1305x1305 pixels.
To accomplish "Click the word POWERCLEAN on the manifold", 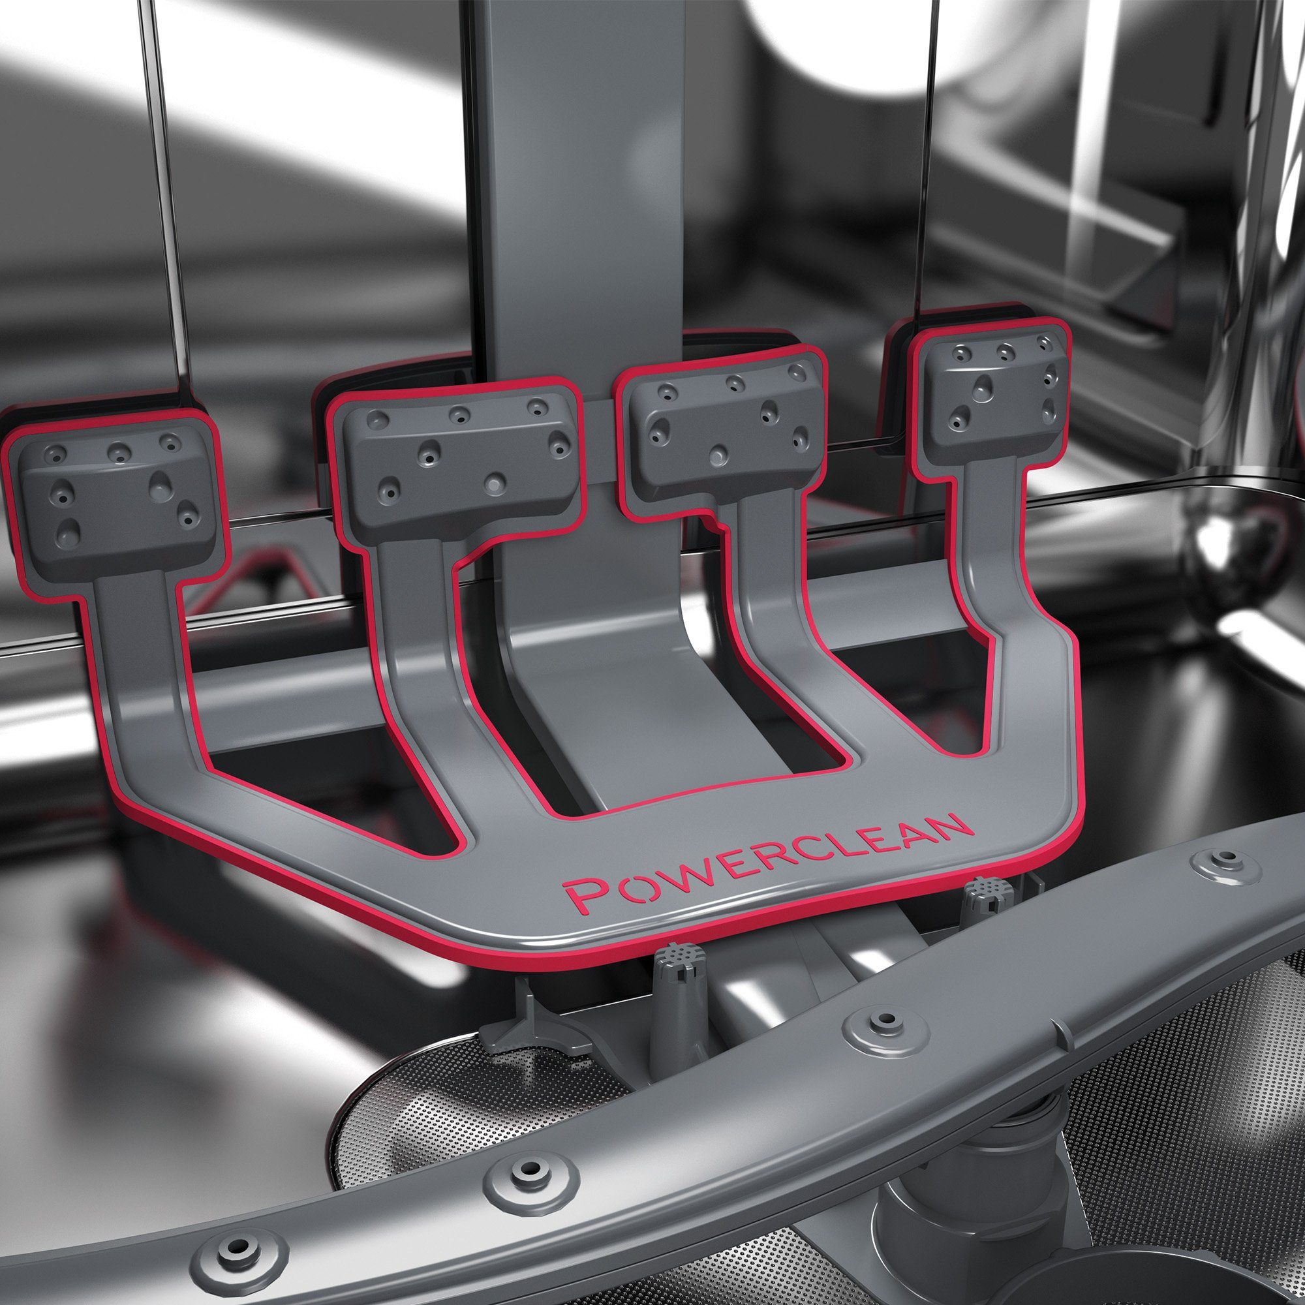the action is pyautogui.click(x=767, y=863).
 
